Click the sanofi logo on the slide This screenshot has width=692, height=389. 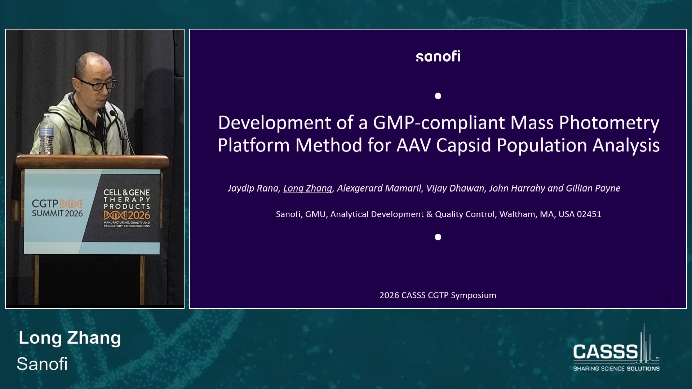438,56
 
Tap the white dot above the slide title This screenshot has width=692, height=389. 438,96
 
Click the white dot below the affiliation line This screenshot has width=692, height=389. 438,237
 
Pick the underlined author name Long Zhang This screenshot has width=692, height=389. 307,188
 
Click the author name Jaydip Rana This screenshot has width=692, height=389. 253,188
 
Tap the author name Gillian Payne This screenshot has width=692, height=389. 593,188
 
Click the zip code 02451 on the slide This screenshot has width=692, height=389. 589,214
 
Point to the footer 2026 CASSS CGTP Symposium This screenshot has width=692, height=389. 438,295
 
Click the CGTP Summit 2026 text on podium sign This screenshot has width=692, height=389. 57,208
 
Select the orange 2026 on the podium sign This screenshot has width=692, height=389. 139,215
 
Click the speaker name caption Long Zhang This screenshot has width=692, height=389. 70,338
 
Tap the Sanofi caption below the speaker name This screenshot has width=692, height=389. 42,364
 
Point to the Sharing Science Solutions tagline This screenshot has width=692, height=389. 616,368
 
